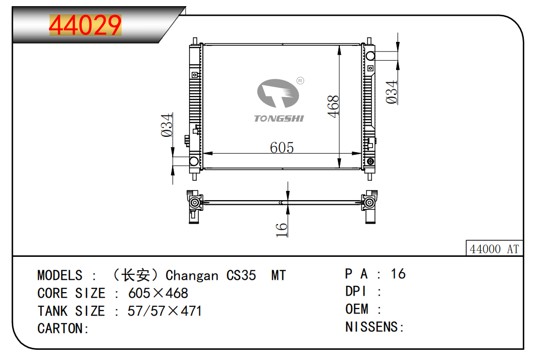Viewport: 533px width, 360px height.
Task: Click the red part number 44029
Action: [x=85, y=25]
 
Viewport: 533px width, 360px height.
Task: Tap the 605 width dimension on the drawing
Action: [x=282, y=148]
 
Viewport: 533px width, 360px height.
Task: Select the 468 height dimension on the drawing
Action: [x=334, y=107]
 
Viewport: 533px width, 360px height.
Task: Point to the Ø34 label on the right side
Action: [x=391, y=92]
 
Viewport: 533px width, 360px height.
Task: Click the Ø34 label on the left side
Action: [x=167, y=125]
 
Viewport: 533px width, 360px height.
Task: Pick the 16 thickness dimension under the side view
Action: [x=282, y=230]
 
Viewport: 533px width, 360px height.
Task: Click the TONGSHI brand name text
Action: [x=279, y=118]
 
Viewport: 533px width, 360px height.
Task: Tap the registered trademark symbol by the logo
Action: [x=300, y=81]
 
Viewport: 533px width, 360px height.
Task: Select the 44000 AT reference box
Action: [x=494, y=249]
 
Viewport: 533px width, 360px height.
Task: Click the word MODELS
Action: [x=60, y=275]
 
